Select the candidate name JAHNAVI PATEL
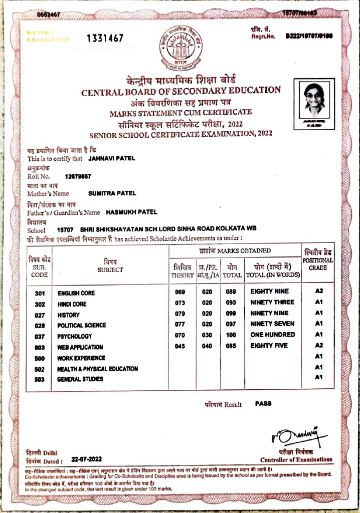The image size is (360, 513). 112,158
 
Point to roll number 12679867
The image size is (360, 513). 78,176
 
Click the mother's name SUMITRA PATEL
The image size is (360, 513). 112,193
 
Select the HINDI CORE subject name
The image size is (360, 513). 72,304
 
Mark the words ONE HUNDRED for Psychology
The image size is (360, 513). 272,335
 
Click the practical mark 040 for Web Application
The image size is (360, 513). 207,346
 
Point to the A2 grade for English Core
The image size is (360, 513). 318,292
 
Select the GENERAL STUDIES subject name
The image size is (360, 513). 80,379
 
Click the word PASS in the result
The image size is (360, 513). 263,403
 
